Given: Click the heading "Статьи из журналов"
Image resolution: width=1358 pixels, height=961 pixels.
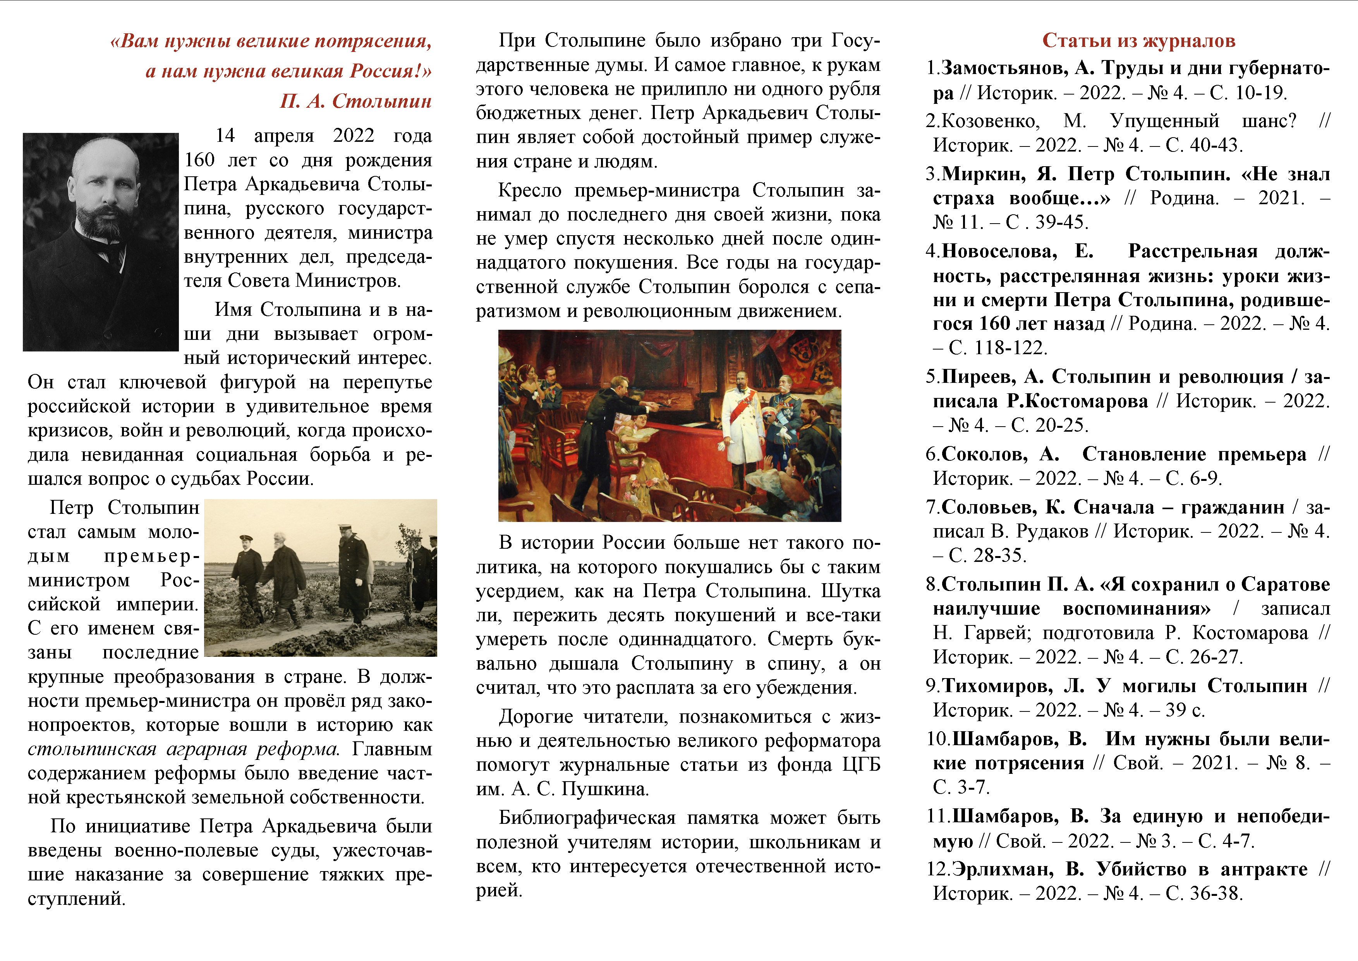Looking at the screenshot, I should pos(1138,40).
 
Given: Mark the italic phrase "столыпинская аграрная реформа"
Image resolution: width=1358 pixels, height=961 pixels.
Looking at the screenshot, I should pos(184,749).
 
